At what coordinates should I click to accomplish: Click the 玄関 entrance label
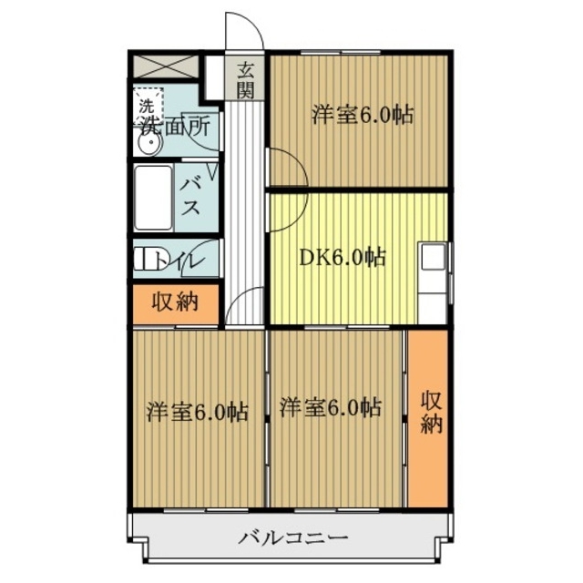point(246,78)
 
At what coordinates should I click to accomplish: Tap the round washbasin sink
point(148,144)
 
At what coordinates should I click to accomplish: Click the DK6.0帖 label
point(343,258)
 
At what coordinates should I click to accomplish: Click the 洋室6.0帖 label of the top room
point(363,116)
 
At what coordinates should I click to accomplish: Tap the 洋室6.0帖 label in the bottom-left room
point(197,412)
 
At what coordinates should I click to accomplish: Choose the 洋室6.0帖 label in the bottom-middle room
point(330,406)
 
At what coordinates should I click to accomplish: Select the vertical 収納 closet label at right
point(431,413)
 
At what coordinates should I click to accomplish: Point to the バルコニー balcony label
point(293,537)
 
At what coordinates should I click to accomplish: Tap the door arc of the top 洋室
point(284,169)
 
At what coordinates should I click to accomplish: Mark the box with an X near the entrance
point(166,66)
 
